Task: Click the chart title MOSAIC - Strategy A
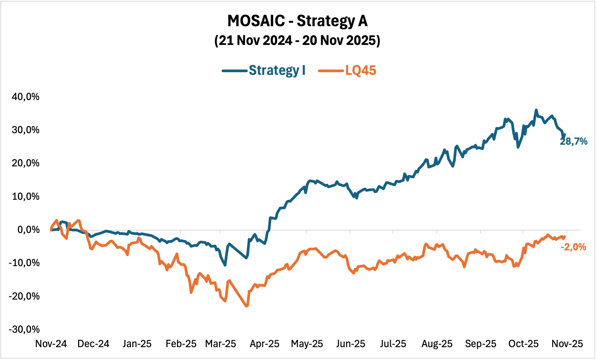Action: click(x=297, y=21)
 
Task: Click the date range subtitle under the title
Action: click(x=297, y=41)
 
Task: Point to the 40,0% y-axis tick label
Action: click(x=25, y=97)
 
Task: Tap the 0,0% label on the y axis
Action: click(x=28, y=230)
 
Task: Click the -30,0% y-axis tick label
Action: click(x=24, y=329)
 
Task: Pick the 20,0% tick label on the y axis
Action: click(x=25, y=163)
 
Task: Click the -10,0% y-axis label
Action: click(x=24, y=263)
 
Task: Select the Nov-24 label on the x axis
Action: click(x=51, y=344)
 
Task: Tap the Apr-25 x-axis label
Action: click(x=264, y=344)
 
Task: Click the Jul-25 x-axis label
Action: click(x=393, y=344)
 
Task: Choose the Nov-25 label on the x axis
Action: click(x=567, y=344)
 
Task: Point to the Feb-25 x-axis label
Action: click(x=181, y=344)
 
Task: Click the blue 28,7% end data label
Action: click(x=573, y=141)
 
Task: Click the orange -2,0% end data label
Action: click(x=573, y=247)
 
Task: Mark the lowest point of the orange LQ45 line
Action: click(x=246, y=306)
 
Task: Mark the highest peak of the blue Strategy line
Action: click(x=536, y=110)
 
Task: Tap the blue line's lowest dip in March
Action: click(x=225, y=265)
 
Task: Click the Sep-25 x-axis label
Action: click(x=480, y=344)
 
